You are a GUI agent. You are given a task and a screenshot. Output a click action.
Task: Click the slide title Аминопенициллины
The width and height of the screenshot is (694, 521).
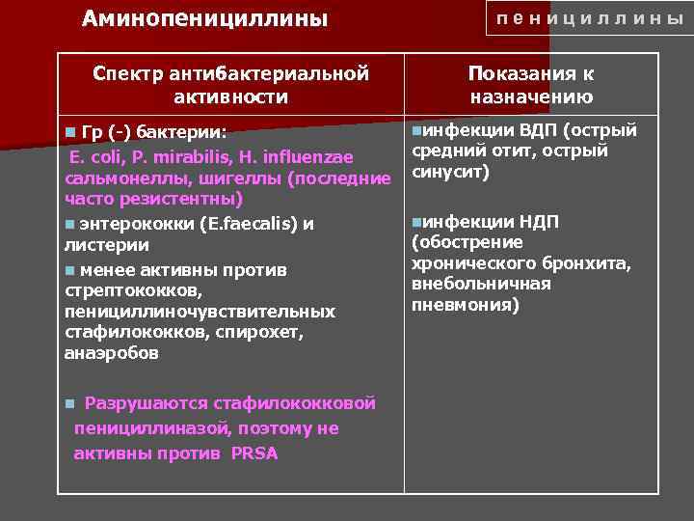(204, 19)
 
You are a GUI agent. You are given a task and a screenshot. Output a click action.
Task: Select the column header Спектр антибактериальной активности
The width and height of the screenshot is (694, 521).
(230, 85)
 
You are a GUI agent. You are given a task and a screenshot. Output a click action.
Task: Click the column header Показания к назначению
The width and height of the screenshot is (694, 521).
(531, 85)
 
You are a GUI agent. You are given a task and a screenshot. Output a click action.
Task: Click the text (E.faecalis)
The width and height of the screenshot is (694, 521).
(249, 224)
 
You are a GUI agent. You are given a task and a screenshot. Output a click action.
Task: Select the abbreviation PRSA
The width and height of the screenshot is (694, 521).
(254, 453)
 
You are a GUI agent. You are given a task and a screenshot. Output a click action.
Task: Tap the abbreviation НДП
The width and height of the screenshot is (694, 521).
(538, 222)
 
